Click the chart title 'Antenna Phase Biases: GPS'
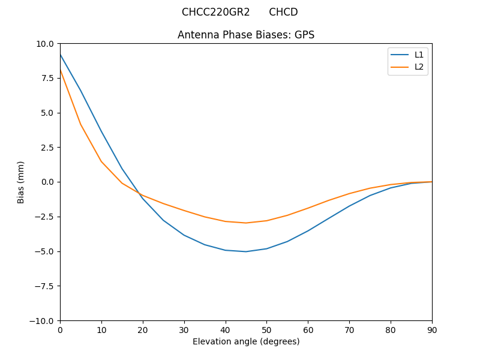pyautogui.click(x=246, y=35)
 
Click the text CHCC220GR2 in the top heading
pyautogui.click(x=215, y=12)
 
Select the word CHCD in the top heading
pyautogui.click(x=283, y=12)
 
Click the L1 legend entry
pyautogui.click(x=419, y=55)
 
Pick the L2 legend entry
pyautogui.click(x=419, y=67)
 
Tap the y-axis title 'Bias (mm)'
pyautogui.click(x=21, y=182)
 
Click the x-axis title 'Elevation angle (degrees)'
pyautogui.click(x=246, y=341)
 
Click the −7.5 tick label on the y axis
pyautogui.click(x=43, y=286)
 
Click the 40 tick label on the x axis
pyautogui.click(x=226, y=329)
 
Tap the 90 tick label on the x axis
pyautogui.click(x=432, y=329)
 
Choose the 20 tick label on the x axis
pyautogui.click(x=143, y=329)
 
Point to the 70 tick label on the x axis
pyautogui.click(x=349, y=329)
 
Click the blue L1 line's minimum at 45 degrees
pyautogui.click(x=246, y=251)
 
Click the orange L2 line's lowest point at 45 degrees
pyautogui.click(x=246, y=223)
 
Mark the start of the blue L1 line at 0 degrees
pyautogui.click(x=61, y=55)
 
